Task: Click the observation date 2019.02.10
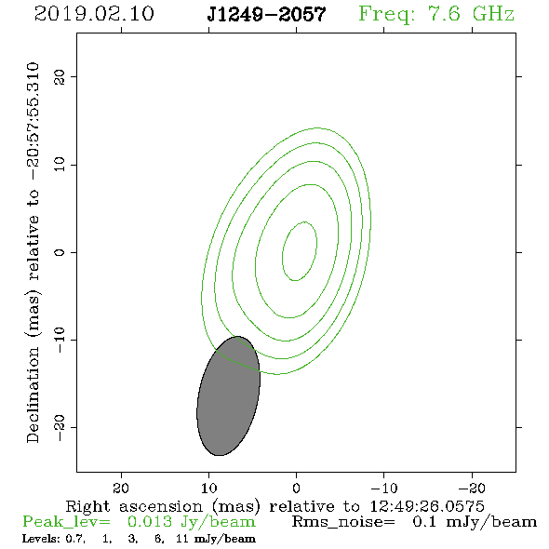94,14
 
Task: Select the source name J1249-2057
267,15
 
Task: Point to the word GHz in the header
493,14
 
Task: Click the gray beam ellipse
228,396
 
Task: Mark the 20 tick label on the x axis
121,488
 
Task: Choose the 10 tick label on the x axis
208,488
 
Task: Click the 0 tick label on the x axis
296,488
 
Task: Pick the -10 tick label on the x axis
384,488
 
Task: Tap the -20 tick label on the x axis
472,488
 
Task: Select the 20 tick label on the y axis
60,76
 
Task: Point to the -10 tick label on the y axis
60,340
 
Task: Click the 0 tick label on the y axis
60,252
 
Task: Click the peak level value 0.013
150,522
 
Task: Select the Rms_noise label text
343,522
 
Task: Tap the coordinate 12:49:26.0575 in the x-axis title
427,506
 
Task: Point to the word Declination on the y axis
33,395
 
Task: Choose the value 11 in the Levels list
182,538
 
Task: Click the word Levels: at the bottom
41,538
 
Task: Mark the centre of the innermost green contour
300,251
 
